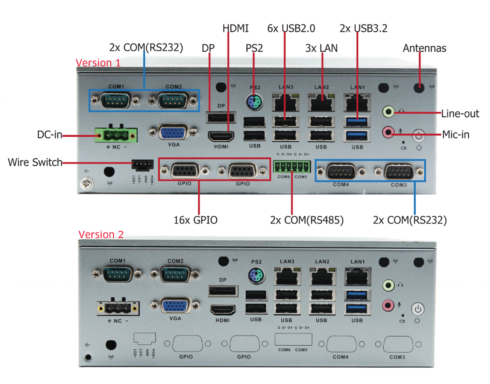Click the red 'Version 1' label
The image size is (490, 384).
click(98, 63)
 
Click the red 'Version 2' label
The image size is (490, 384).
click(101, 234)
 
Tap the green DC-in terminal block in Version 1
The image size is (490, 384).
click(116, 134)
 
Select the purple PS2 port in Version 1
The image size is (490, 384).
click(254, 103)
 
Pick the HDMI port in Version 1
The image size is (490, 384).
click(221, 135)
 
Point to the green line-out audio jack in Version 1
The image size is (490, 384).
click(388, 111)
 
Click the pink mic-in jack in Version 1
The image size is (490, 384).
click(388, 132)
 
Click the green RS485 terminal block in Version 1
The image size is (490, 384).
click(292, 167)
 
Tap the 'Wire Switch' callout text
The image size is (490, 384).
click(35, 162)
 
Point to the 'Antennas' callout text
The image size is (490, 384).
click(424, 48)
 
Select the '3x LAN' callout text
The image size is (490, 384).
click(321, 48)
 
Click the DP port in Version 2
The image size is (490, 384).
click(223, 291)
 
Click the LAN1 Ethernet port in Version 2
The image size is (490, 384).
click(357, 277)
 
